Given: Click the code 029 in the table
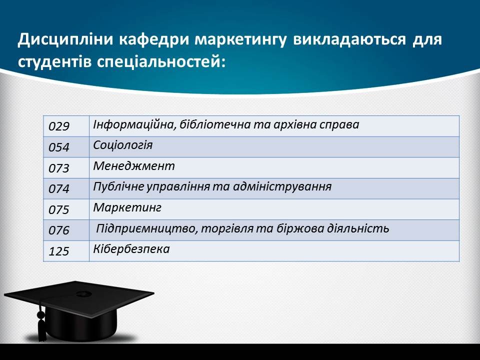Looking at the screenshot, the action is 59,126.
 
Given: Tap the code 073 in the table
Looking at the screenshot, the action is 59,168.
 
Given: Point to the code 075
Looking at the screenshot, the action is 59,209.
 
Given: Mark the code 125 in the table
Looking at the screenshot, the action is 59,251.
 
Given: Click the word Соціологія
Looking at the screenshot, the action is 123,145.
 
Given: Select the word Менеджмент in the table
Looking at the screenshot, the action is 134,166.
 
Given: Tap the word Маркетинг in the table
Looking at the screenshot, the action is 127,207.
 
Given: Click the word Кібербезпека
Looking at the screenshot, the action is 131,248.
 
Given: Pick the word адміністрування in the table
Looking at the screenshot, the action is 282,186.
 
